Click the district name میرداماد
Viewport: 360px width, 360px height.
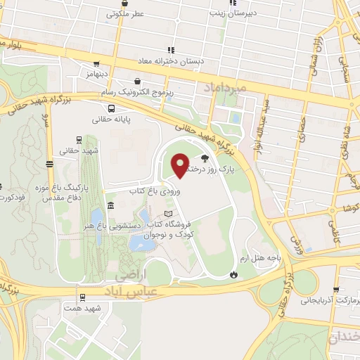pyautogui.click(x=224, y=89)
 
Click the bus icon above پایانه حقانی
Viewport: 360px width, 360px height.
pyautogui.click(x=112, y=108)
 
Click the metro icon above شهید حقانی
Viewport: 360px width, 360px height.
pyautogui.click(x=77, y=139)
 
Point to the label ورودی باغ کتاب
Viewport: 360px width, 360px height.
pyautogui.click(x=150, y=191)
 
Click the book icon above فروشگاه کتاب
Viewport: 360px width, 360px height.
pyautogui.click(x=167, y=213)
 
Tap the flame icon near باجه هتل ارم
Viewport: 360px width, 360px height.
pyautogui.click(x=233, y=274)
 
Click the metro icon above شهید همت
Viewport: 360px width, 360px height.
pyautogui.click(x=83, y=297)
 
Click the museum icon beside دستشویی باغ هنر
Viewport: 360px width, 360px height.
pyautogui.click(x=111, y=205)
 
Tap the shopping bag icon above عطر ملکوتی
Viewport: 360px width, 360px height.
pyautogui.click(x=127, y=2)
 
